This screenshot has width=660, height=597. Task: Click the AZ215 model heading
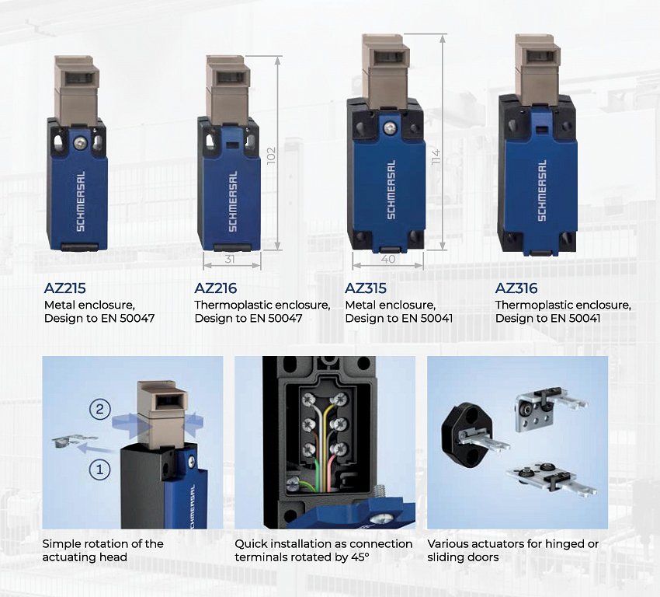tap(64, 288)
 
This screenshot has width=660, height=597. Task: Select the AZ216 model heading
tap(216, 288)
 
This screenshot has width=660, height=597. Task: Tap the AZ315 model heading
tap(366, 288)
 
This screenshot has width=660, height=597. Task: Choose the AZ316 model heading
tap(516, 288)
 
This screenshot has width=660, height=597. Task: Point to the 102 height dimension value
tap(272, 155)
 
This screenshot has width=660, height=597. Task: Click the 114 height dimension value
tap(436, 156)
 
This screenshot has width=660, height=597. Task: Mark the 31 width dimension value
tap(229, 259)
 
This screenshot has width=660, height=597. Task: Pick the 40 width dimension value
tap(387, 259)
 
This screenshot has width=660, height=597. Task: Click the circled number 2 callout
tap(99, 409)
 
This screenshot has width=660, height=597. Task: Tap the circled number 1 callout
tap(99, 470)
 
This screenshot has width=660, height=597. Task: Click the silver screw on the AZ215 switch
tap(78, 143)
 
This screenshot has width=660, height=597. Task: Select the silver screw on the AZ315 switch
tap(390, 126)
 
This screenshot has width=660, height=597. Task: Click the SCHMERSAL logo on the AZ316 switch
tap(542, 190)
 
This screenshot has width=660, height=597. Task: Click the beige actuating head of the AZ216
tap(228, 90)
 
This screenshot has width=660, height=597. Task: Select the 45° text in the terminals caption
tap(361, 557)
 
